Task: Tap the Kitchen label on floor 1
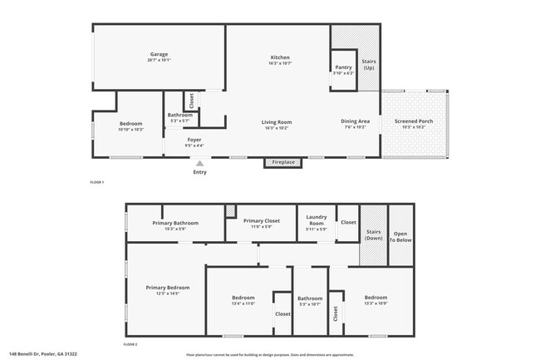[x=279, y=57]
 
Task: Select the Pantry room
[x=343, y=68]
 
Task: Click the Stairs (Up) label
[x=368, y=63]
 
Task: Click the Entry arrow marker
[x=199, y=165]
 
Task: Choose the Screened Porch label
[x=413, y=121]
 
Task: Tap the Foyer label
[x=194, y=139]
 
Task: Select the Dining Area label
[x=355, y=121]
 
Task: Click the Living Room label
[x=277, y=121]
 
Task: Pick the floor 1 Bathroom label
[x=180, y=115]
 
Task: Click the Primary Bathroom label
[x=174, y=222]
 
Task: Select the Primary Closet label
[x=261, y=220]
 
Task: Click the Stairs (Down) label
[x=373, y=235]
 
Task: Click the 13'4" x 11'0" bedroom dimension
[x=243, y=303]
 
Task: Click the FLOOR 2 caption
[x=130, y=343]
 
